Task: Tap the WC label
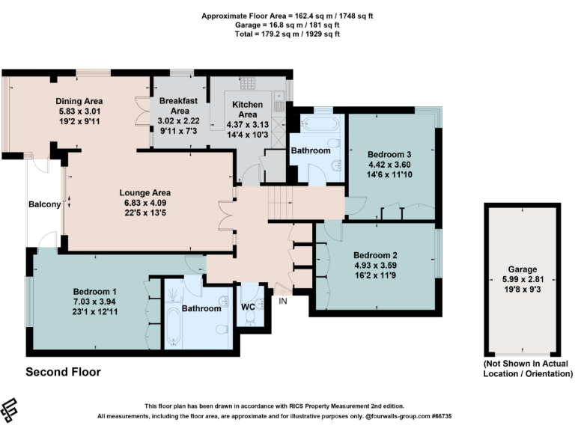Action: tap(249, 307)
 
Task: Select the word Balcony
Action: tap(44, 204)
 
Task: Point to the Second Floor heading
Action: tap(63, 372)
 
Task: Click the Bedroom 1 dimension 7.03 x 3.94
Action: tap(94, 302)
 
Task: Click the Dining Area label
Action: tap(79, 101)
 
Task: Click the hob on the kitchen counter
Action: tap(248, 84)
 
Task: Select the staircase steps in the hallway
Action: tap(279, 201)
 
